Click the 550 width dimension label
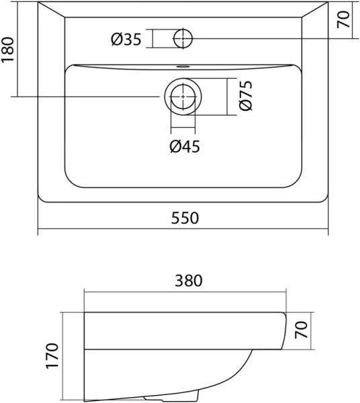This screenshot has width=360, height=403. pos(183,218)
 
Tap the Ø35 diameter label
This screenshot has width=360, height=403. pos(126,40)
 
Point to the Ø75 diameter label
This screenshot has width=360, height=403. pos(246,97)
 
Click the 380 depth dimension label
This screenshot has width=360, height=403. pos(185,281)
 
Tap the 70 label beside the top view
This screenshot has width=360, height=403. pos(345,19)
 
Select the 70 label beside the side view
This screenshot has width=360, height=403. pos(302,330)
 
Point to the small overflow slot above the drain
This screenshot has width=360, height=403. pos(182,66)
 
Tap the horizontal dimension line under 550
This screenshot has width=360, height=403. pos(183,230)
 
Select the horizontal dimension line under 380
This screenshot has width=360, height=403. pos(185,292)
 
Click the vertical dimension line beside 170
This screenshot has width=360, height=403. pos(64,356)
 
